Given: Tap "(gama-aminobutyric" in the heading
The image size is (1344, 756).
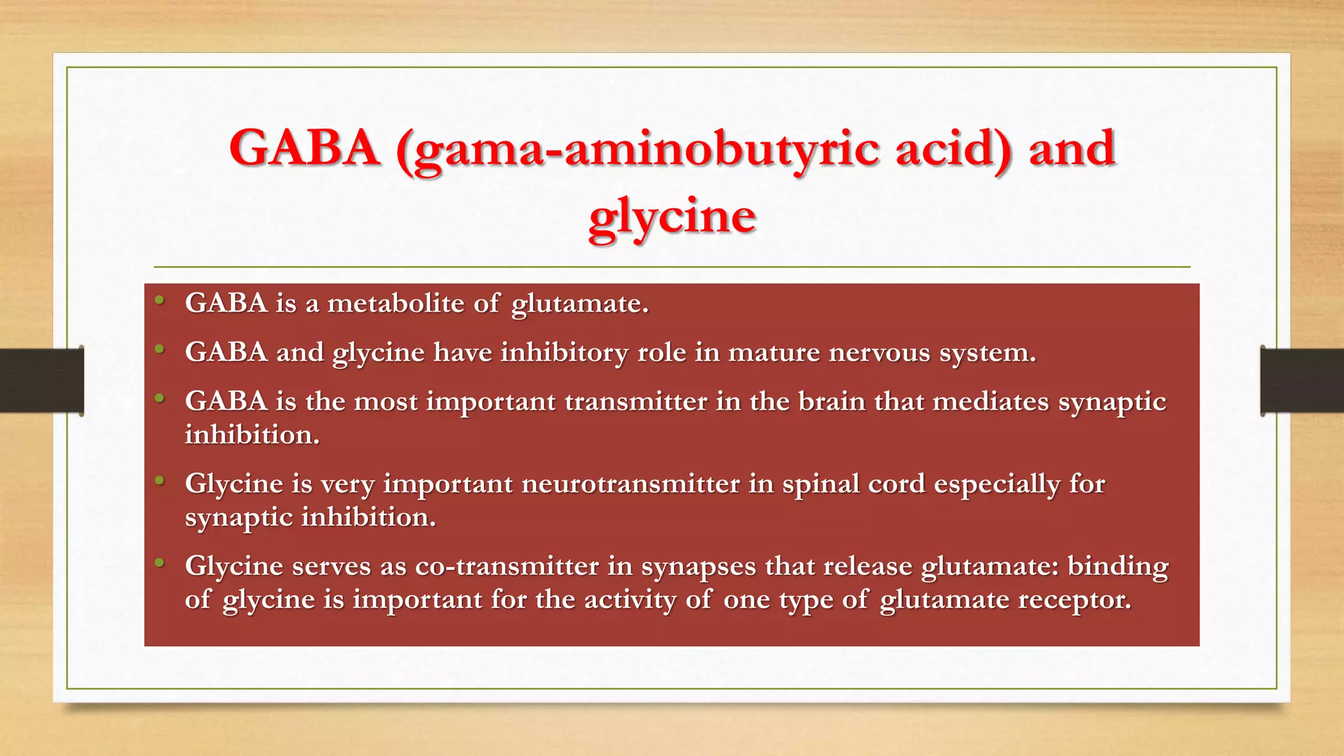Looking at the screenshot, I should pos(637,148).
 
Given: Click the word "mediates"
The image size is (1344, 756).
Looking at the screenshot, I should pos(990,401).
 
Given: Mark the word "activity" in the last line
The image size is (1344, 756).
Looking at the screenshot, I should pos(630,599).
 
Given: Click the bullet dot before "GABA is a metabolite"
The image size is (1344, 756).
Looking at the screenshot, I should pos(159,301).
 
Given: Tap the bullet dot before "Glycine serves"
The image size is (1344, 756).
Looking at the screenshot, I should pos(159,563).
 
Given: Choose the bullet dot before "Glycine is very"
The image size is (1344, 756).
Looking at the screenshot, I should pos(159,481).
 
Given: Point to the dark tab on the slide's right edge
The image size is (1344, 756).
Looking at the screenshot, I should pos(1302,381).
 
